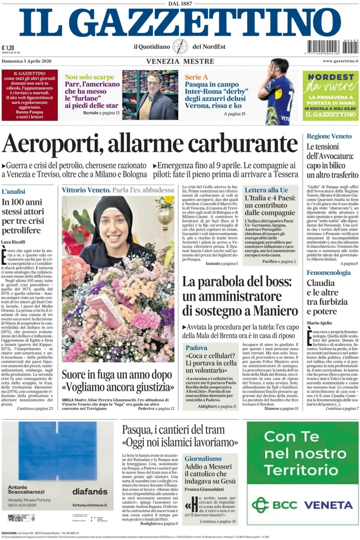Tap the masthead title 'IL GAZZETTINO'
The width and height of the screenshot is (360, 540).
(180, 23)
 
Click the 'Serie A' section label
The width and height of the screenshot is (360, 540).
(196, 77)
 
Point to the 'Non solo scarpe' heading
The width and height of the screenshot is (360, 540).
(89, 77)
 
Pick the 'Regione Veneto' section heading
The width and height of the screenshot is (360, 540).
(329, 136)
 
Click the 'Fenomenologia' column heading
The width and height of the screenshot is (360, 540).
(328, 273)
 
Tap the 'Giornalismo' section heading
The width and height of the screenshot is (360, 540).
(203, 458)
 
